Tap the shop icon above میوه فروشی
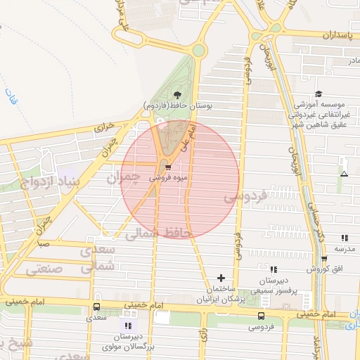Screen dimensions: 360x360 coord(168,167)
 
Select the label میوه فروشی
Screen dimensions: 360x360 coord(167,179)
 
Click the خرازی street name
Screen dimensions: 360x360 coord(105,127)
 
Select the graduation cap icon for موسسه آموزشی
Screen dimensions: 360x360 coord(319,94)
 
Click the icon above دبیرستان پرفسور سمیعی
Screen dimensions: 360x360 coord(274,269)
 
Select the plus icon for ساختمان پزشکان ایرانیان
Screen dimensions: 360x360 coord(222,278)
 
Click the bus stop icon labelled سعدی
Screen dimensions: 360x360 coord(96,307)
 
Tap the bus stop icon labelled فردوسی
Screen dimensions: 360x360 coord(262,316)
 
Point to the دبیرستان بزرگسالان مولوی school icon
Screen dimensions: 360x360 coord(127,326)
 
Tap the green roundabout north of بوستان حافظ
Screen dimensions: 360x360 coord(199,50)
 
